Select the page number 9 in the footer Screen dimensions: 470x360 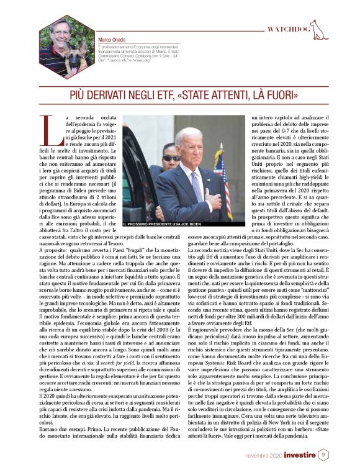click(323, 456)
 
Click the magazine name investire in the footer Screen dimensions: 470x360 click(300, 456)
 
